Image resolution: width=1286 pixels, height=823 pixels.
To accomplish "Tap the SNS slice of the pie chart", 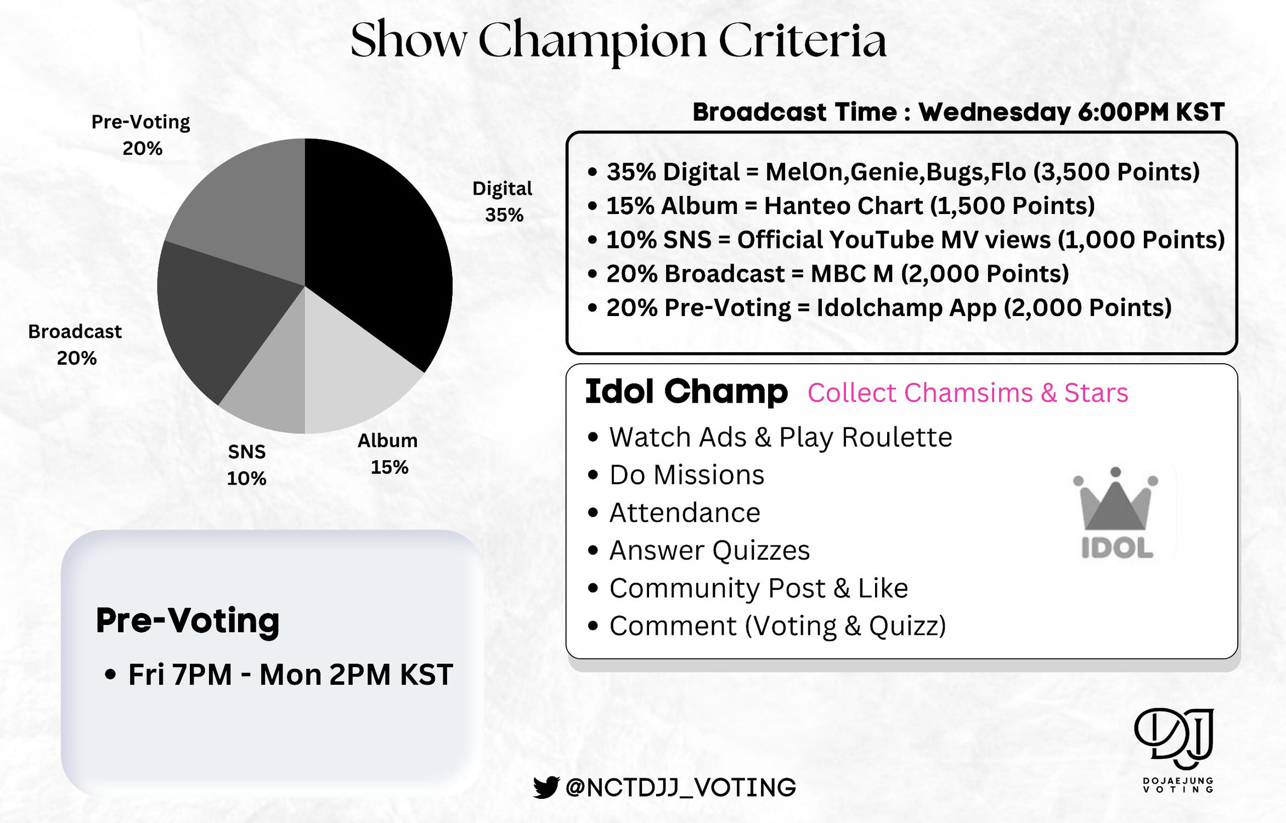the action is click(272, 384).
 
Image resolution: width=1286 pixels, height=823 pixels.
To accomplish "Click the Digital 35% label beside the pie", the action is click(503, 201).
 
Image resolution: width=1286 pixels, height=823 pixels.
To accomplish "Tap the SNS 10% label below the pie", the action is click(247, 465).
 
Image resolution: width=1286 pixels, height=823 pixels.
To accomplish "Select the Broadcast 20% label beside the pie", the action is click(75, 345).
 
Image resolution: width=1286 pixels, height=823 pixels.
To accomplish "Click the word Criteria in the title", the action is click(802, 41).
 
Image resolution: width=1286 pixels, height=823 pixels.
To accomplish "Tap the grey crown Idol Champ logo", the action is click(1116, 513).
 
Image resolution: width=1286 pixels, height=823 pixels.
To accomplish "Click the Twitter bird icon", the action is click(546, 787).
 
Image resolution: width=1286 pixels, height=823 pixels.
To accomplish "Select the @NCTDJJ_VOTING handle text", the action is click(680, 788).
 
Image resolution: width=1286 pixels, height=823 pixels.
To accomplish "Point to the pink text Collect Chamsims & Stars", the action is click(968, 393).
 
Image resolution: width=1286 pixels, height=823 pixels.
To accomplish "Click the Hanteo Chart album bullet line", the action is click(842, 206).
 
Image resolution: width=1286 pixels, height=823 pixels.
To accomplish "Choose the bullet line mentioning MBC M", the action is click(828, 274).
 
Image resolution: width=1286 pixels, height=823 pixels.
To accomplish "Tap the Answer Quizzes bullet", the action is click(699, 550).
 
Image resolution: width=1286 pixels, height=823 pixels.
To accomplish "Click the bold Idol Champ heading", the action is click(686, 392).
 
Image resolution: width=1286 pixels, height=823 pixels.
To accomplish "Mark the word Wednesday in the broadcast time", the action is click(994, 112).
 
